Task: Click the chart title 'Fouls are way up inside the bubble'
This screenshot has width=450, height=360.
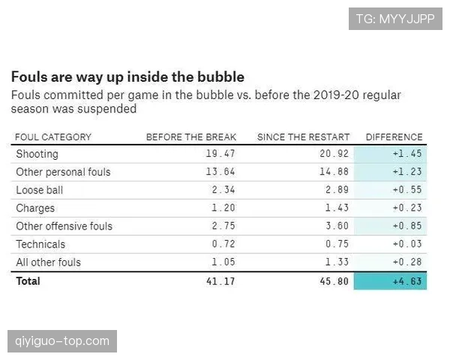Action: pyautogui.click(x=127, y=77)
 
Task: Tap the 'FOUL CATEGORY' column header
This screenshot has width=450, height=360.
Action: pyautogui.click(x=53, y=137)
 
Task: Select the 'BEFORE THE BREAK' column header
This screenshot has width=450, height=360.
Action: pyautogui.click(x=191, y=137)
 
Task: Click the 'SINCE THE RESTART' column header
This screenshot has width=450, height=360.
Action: pyautogui.click(x=303, y=137)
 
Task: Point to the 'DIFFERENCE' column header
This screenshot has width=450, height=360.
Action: pyautogui.click(x=394, y=137)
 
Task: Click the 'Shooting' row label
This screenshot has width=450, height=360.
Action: pyautogui.click(x=37, y=154)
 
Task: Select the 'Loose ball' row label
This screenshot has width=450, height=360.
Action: pyautogui.click(x=39, y=190)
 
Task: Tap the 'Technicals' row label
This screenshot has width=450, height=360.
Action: pyautogui.click(x=40, y=244)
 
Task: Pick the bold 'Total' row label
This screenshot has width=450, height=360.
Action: pyautogui.click(x=28, y=281)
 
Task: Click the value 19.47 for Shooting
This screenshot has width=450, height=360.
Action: pyautogui.click(x=220, y=154)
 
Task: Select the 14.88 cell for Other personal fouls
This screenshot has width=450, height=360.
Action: pyautogui.click(x=334, y=172)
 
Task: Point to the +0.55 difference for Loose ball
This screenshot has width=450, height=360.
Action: pyautogui.click(x=407, y=190)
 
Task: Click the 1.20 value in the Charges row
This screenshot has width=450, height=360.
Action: pyautogui.click(x=223, y=208)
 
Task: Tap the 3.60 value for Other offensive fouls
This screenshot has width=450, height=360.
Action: pyautogui.click(x=337, y=226)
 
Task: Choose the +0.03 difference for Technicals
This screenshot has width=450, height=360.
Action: pyautogui.click(x=407, y=244)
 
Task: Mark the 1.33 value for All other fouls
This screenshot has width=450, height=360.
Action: pyautogui.click(x=337, y=262)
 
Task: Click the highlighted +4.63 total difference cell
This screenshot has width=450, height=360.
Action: pyautogui.click(x=390, y=281)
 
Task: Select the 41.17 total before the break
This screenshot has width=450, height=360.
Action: pyautogui.click(x=220, y=281)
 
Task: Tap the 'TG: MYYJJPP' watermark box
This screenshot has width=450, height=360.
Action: pyautogui.click(x=395, y=19)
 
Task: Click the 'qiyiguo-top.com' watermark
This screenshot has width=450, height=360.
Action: pyautogui.click(x=62, y=341)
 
